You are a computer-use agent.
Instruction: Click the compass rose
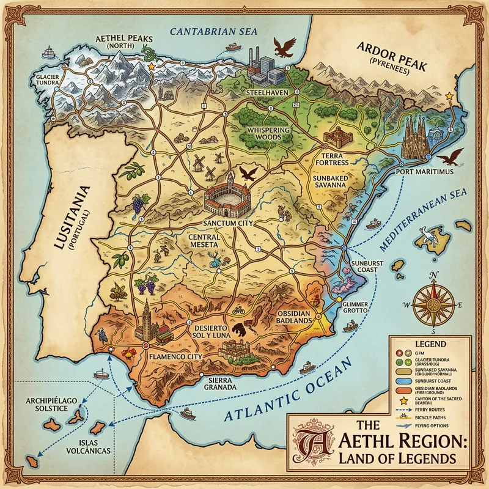(433, 303)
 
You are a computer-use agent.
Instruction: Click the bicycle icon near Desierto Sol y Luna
(238, 310)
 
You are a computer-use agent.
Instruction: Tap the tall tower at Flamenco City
(146, 317)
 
